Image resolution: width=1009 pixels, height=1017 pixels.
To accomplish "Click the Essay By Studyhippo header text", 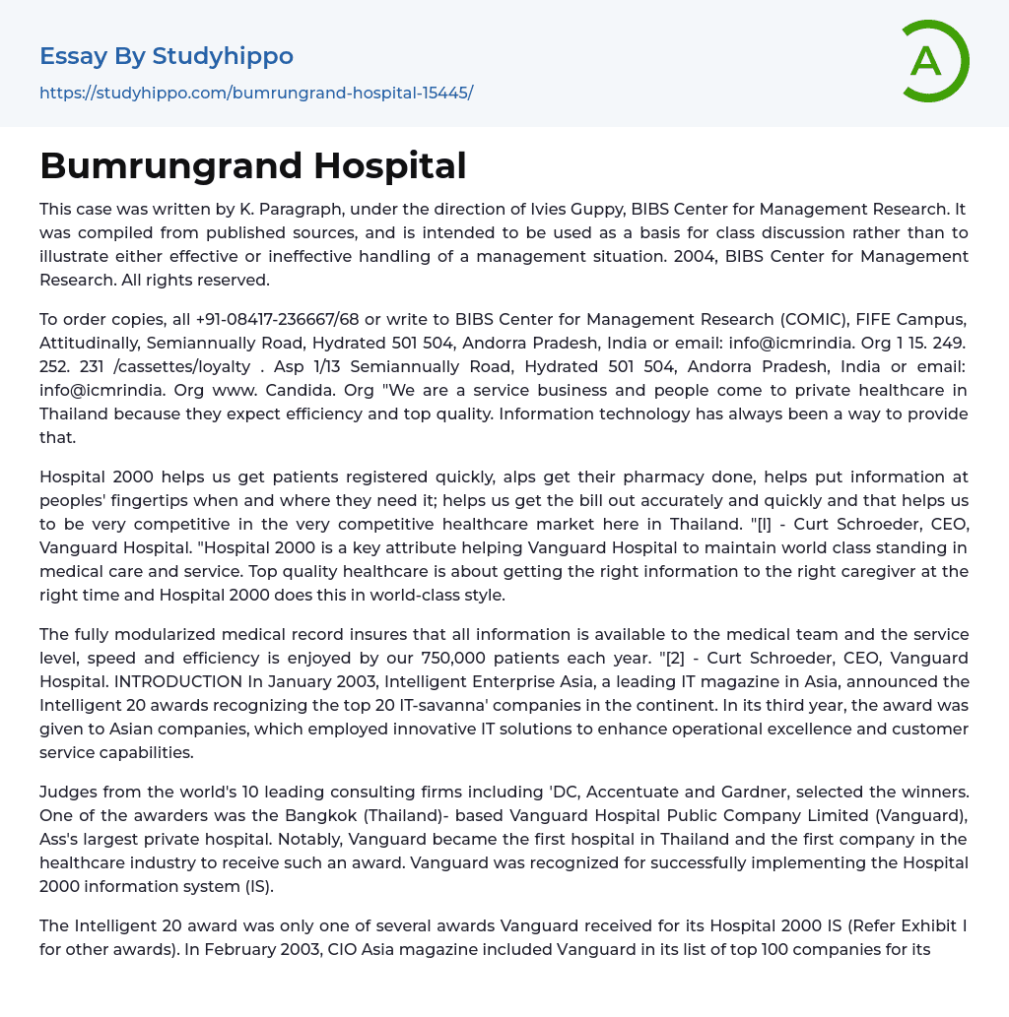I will [x=167, y=56].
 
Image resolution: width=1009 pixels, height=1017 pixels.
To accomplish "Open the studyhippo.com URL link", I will [x=256, y=93].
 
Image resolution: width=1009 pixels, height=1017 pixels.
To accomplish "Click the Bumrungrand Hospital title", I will [x=253, y=165].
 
